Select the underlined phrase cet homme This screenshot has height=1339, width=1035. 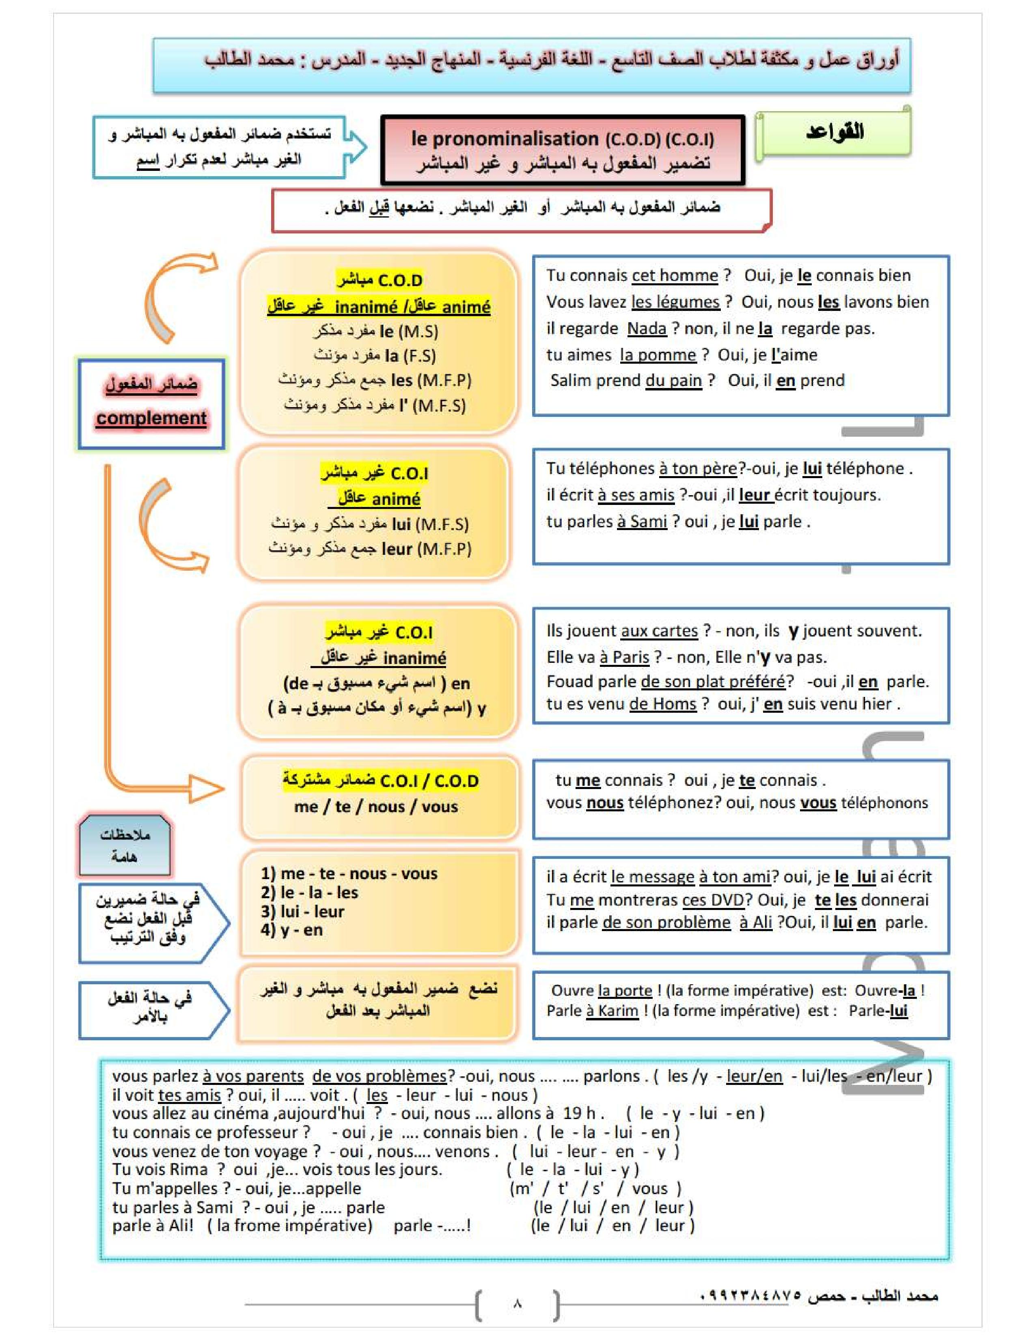pos(675,275)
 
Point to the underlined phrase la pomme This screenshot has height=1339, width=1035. pos(658,355)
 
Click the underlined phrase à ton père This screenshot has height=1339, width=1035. pos(697,468)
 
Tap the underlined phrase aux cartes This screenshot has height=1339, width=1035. pos(659,631)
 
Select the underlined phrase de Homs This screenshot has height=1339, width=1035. pos(662,704)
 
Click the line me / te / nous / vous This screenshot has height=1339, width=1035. pos(376,807)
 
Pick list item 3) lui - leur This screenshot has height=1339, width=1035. pos(302,912)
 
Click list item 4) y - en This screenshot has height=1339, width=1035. pos(291,930)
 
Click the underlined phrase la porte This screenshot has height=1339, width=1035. pos(625,991)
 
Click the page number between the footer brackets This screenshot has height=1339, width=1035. pos(517,1303)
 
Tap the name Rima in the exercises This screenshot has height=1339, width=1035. pos(188,1170)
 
